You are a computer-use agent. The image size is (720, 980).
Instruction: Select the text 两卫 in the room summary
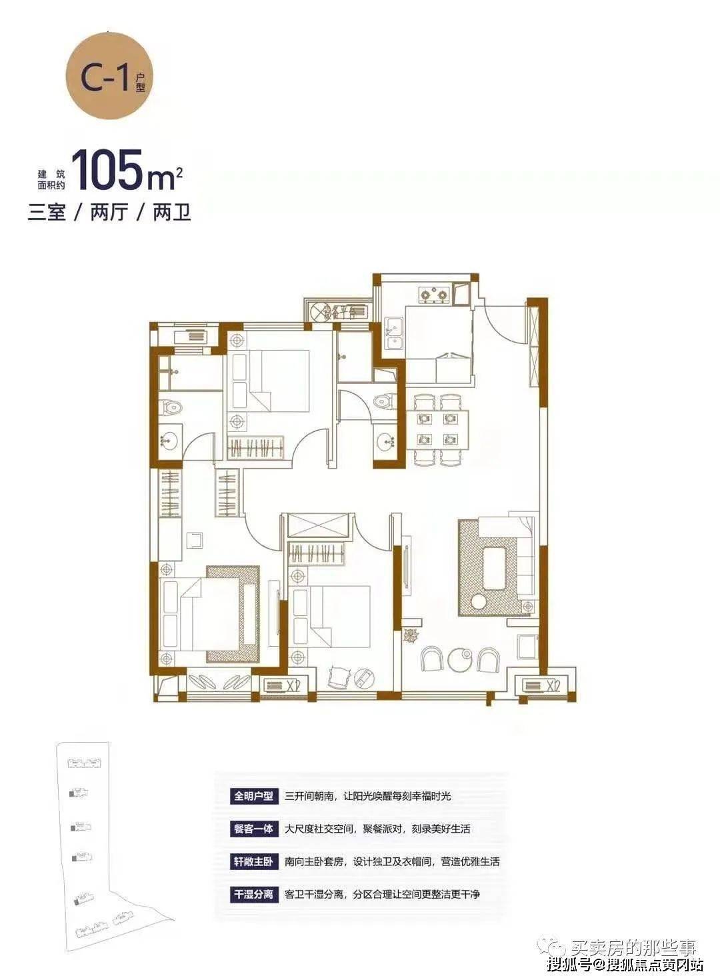(x=171, y=213)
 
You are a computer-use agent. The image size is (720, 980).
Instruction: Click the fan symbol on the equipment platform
(x=317, y=312)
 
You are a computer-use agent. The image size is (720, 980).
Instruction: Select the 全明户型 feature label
(x=254, y=796)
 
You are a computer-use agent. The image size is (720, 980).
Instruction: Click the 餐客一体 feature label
(x=254, y=829)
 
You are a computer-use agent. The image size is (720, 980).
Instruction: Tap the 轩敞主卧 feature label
(x=254, y=862)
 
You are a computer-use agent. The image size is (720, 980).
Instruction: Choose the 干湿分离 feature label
(x=254, y=894)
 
